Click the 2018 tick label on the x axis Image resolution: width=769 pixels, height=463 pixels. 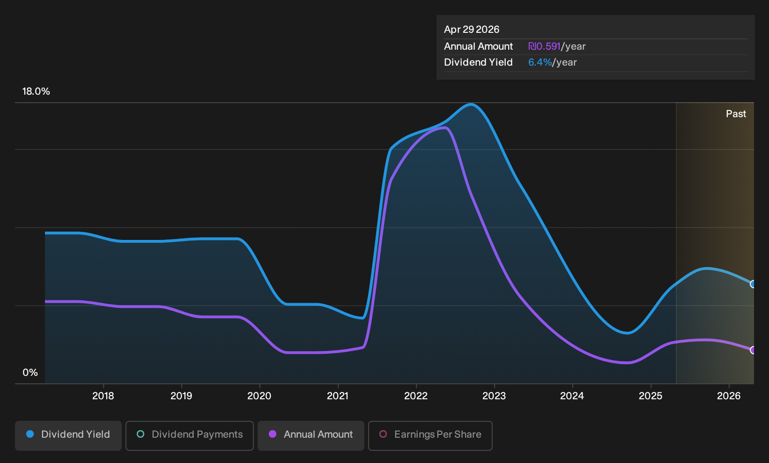(103, 396)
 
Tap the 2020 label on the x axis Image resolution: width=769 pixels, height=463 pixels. (259, 396)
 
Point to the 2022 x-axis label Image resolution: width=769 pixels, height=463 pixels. (416, 396)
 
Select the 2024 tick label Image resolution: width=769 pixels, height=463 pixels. (572, 396)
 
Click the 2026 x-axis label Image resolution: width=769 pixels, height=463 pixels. (729, 396)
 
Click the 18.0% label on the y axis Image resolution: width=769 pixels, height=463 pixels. (36, 91)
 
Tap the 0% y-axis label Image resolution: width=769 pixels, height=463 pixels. (30, 373)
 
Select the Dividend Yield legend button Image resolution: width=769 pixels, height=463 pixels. (68, 435)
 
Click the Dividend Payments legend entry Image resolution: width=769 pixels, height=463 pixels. (190, 435)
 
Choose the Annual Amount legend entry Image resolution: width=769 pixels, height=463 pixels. (311, 435)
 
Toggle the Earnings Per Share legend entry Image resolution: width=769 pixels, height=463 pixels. (430, 435)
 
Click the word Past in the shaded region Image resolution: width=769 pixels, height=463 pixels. (736, 114)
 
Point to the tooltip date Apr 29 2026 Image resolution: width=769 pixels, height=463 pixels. (471, 30)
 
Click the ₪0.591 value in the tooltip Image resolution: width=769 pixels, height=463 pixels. (544, 46)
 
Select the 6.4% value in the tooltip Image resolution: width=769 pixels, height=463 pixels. (540, 62)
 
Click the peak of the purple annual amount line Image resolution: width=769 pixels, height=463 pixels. (444, 128)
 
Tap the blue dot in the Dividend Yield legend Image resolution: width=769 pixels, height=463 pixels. (30, 434)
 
